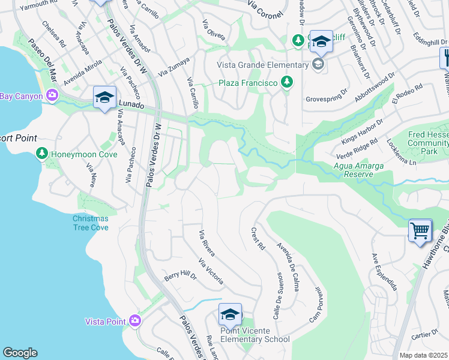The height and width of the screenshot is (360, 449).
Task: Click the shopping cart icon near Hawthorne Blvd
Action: point(420,230)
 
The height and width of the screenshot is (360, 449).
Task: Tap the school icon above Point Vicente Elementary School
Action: point(230,314)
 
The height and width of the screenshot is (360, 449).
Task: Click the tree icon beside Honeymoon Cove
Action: point(41,154)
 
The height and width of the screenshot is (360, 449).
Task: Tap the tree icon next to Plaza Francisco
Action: point(287,82)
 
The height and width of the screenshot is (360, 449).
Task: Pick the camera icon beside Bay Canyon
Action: point(52,95)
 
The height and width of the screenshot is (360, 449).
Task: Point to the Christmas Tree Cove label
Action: point(91,223)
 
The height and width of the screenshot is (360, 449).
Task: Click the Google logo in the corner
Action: point(20,353)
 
